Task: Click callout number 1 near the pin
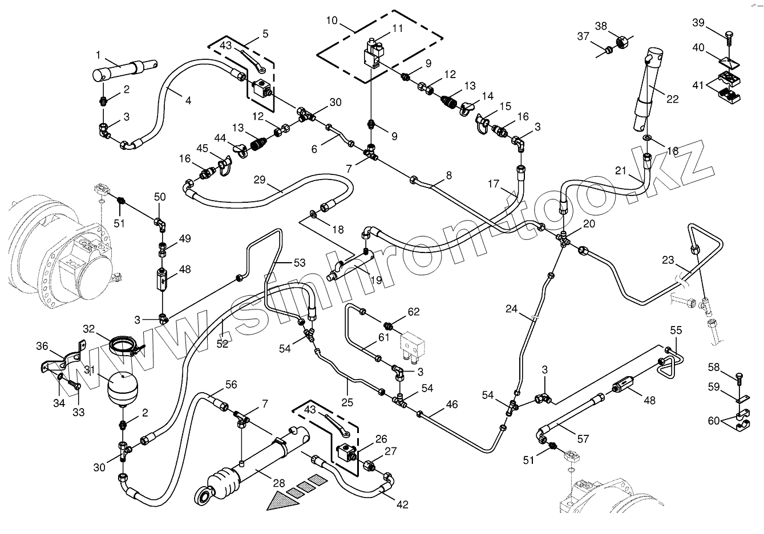point(98,55)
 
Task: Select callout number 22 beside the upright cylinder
point(673,99)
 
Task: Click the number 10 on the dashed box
point(332,22)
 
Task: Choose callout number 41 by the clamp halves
point(699,86)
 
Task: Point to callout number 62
point(413,312)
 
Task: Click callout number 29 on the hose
point(260,180)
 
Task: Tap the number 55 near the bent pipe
point(676,330)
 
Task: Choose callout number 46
point(451,405)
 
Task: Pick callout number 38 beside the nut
point(601,26)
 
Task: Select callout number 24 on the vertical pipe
point(512,309)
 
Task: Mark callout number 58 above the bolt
point(714,367)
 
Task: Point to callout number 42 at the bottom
point(402,505)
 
